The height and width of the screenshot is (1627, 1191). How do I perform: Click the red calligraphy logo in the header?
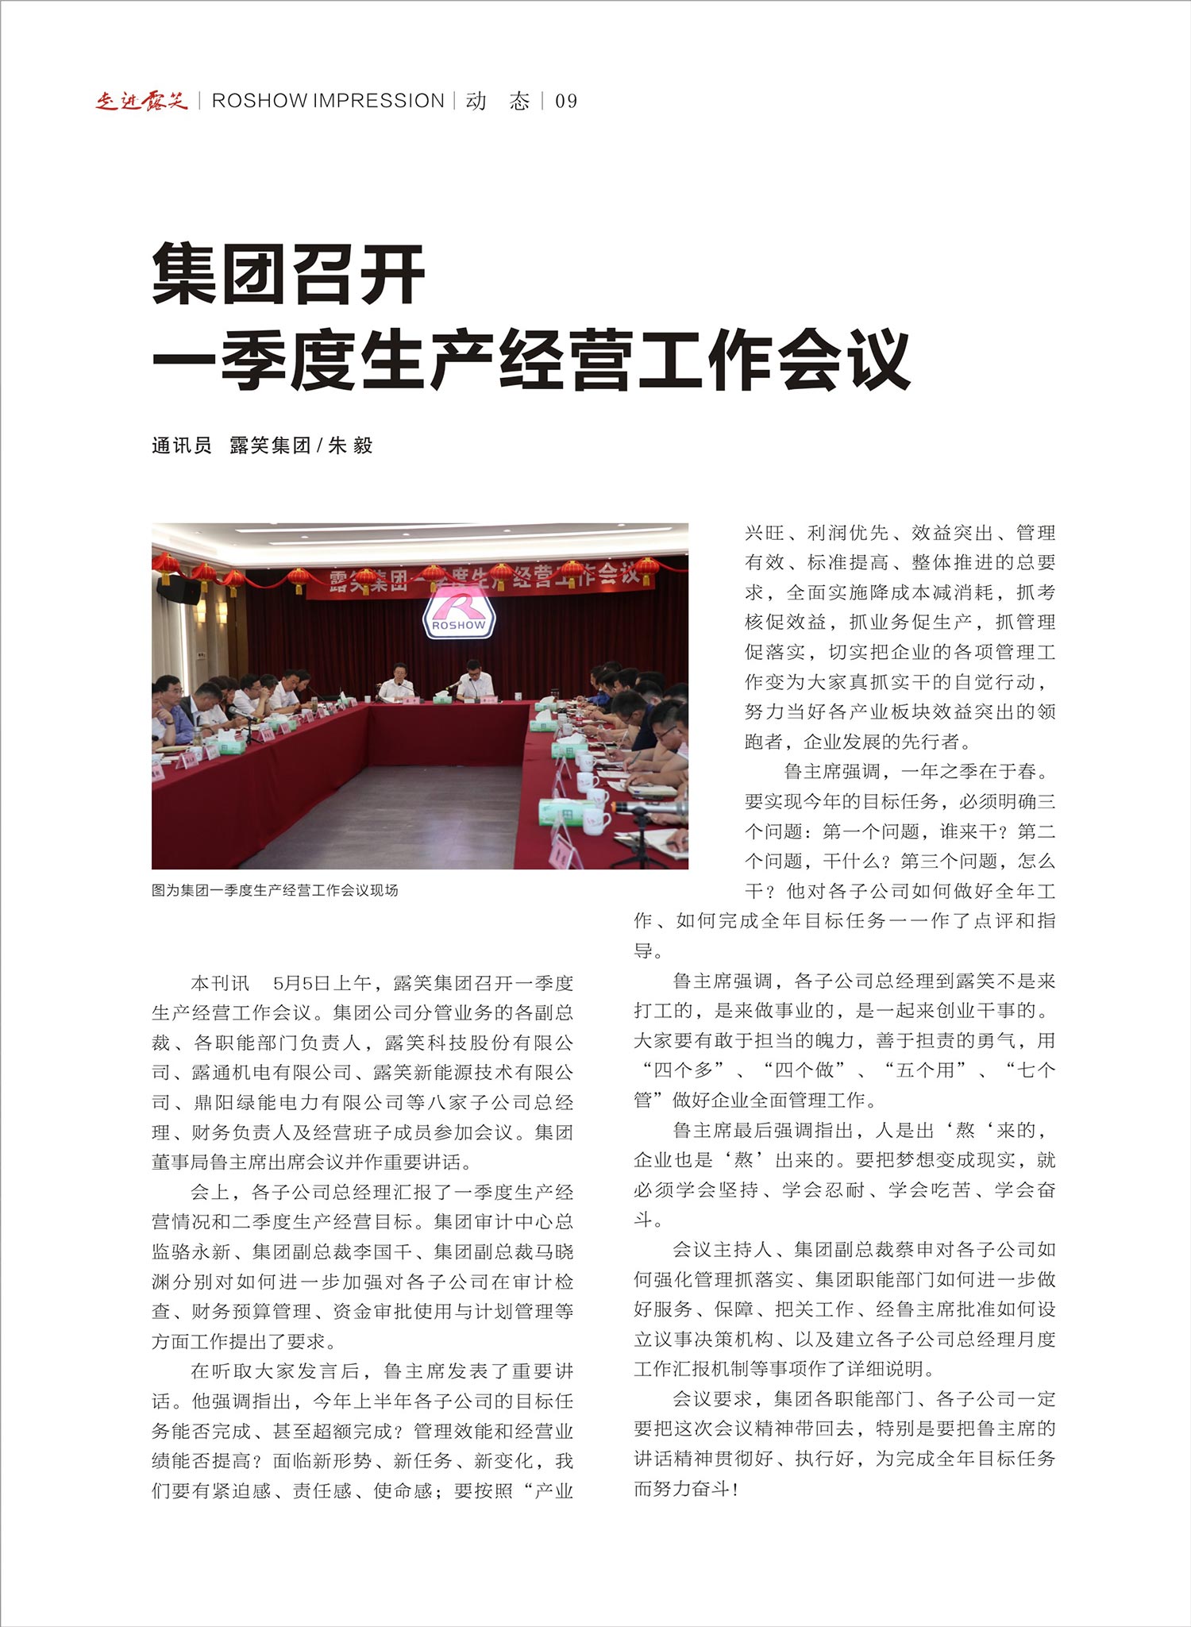point(141,101)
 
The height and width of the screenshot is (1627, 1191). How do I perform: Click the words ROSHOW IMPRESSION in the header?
point(328,101)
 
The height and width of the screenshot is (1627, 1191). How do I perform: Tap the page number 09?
point(566,102)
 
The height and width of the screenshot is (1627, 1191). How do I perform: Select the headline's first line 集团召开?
point(288,274)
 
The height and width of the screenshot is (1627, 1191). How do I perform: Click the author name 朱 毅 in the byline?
point(350,445)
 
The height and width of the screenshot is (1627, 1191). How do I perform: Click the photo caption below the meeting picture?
point(275,890)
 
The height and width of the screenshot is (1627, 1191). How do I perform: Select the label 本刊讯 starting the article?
point(220,983)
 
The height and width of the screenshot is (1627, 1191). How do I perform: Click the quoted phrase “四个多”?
point(684,1070)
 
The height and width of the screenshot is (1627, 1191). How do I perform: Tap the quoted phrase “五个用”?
point(925,1070)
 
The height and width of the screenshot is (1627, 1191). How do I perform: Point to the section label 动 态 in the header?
point(498,102)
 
